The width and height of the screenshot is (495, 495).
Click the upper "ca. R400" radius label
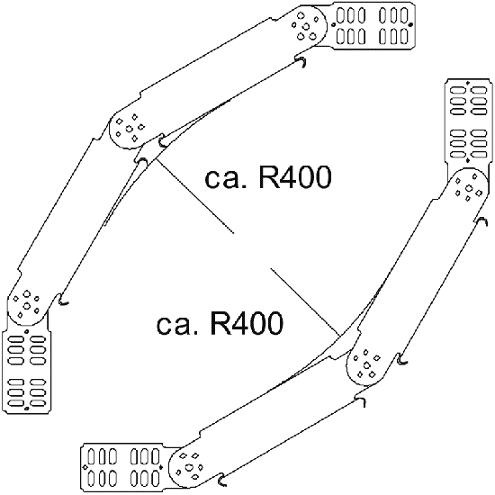268,177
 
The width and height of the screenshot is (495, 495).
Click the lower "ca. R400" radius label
220,323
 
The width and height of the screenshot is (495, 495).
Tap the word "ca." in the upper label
224,180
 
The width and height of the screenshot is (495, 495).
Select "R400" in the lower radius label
246,323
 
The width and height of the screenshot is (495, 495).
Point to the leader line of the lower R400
306,302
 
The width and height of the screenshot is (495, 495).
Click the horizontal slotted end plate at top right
373,26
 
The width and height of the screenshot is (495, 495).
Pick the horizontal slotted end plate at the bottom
123,467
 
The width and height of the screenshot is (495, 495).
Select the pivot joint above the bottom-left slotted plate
27,304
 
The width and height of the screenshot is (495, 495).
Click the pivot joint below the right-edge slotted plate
468,189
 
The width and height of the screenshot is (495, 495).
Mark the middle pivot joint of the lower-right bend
367,364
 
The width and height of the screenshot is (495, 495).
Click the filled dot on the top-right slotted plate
410,24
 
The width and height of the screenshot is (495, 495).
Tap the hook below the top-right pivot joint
301,61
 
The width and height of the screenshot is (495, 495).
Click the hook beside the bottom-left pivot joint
63,300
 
